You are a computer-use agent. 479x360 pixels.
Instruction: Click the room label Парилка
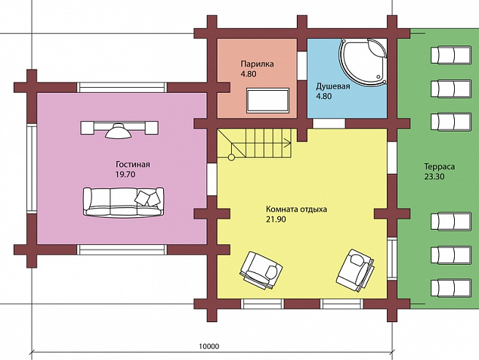point(257,64)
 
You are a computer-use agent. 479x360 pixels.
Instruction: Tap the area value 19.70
point(125,175)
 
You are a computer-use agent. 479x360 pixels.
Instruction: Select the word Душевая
point(332,86)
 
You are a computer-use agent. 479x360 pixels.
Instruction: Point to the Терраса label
point(439,166)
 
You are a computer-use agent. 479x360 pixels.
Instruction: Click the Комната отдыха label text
point(296,209)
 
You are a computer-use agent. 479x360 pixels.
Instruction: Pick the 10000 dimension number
point(209,346)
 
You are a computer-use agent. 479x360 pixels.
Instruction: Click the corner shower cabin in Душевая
point(363,61)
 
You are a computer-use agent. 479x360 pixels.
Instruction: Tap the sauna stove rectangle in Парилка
point(268,101)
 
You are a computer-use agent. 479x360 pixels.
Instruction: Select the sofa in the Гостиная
point(123,202)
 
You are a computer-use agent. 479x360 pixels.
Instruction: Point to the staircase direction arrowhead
point(288,141)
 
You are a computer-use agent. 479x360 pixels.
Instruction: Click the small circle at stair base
point(231,157)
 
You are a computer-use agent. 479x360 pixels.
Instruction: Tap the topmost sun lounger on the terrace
point(451,54)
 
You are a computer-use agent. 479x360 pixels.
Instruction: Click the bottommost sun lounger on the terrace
point(451,288)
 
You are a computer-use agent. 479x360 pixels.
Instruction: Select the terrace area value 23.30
point(434,177)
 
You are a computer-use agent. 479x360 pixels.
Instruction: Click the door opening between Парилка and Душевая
point(302,66)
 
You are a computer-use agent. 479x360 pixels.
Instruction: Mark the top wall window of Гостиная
point(122,88)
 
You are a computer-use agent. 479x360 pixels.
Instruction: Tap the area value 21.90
point(276,219)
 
